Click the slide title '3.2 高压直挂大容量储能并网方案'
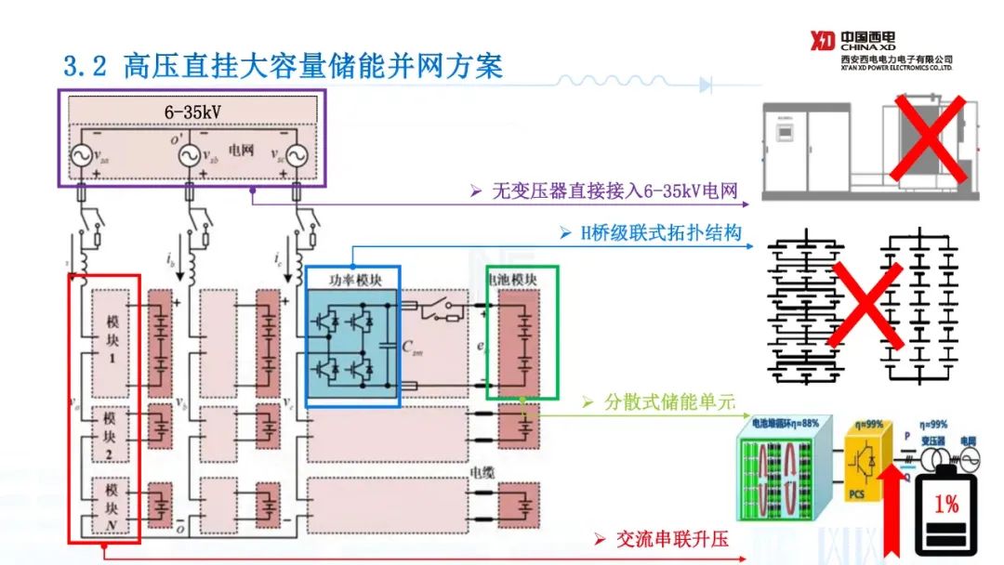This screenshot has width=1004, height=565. coord(283,66)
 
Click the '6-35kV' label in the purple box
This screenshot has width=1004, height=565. coord(192,112)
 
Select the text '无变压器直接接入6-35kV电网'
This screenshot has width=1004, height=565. coord(615,192)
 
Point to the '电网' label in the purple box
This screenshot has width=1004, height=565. coord(244,148)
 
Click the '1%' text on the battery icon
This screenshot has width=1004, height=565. coord(946,505)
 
